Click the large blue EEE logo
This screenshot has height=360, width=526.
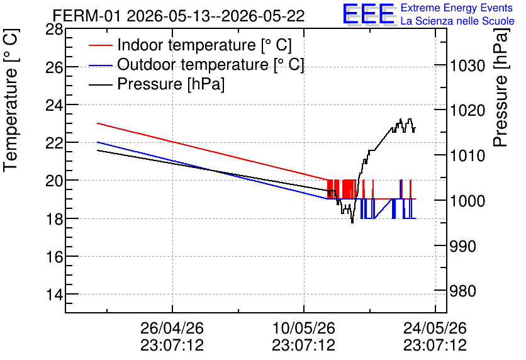369,14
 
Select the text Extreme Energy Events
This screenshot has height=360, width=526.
457,8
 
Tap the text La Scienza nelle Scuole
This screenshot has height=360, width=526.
457,21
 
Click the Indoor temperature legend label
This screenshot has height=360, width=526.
204,45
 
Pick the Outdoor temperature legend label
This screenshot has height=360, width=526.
211,64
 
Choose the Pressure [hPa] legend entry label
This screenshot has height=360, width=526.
171,84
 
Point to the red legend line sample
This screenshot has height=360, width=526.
100,45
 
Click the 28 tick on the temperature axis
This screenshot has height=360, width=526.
54,30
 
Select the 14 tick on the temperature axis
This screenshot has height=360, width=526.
54,295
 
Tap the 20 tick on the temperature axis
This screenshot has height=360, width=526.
54,181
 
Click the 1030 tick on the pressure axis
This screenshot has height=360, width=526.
467,65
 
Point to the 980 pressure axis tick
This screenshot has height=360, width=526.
463,291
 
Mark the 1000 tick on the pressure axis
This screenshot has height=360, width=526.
467,201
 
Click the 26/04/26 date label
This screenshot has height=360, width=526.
172,328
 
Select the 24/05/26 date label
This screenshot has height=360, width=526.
435,328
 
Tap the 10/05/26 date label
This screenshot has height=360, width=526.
304,328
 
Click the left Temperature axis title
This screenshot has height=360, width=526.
11,101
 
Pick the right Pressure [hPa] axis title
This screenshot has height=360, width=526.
501,87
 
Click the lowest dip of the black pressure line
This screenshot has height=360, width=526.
352,222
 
